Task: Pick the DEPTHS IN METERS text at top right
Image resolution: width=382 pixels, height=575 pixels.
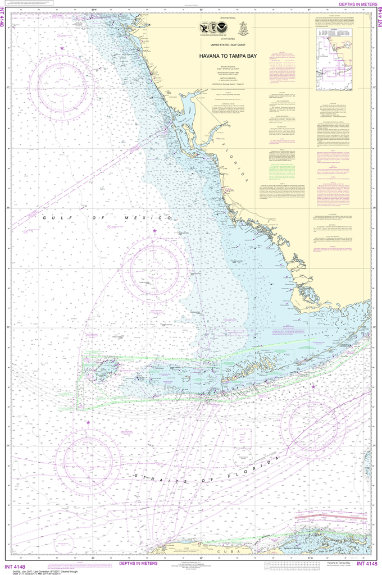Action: (x=357, y=4)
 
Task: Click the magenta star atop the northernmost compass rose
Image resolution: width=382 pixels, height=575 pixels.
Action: (x=62, y=49)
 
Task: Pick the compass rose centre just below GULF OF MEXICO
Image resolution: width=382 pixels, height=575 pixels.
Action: (x=154, y=266)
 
